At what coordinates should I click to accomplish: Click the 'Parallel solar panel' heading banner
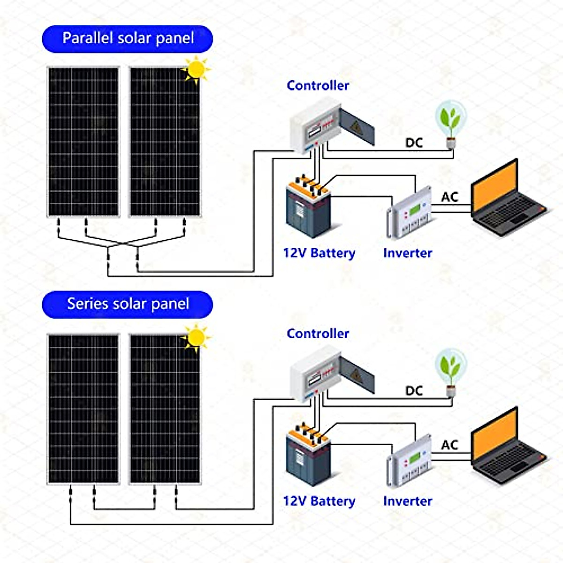tap(128, 38)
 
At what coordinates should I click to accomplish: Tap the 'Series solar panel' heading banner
tap(128, 304)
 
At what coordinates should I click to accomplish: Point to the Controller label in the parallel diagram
tap(318, 85)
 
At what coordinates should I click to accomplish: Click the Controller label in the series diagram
tap(318, 334)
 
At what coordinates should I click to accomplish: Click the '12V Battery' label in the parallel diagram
tap(319, 253)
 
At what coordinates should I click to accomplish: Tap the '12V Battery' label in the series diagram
tap(319, 501)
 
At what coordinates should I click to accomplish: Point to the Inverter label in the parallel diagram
tap(407, 253)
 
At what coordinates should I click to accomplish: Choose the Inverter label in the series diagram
tap(407, 501)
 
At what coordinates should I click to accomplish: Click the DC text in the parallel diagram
tap(414, 143)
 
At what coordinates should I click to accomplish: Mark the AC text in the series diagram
tap(449, 445)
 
